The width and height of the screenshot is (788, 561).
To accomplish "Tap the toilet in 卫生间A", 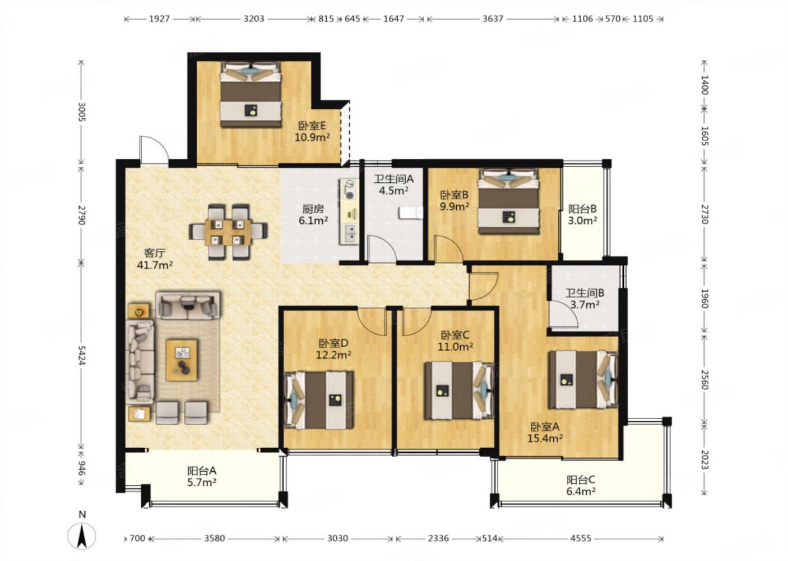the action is pyautogui.click(x=411, y=213).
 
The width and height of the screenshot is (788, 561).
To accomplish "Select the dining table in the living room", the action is pyautogui.click(x=228, y=232).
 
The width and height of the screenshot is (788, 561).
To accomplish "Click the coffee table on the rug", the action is pyautogui.click(x=182, y=360).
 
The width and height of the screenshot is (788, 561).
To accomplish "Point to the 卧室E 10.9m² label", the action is pyautogui.click(x=312, y=131).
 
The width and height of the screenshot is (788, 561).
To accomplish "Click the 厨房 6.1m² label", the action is pyautogui.click(x=313, y=215).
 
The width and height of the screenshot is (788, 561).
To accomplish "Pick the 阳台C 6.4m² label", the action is pyautogui.click(x=581, y=485).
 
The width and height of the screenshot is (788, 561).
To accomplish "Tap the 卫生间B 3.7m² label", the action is pyautogui.click(x=585, y=298).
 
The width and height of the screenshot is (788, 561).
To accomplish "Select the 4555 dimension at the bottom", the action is pyautogui.click(x=581, y=538).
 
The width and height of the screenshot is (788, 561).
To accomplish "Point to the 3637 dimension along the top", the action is pyautogui.click(x=493, y=19).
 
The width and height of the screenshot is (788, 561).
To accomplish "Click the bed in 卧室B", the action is pyautogui.click(x=508, y=201).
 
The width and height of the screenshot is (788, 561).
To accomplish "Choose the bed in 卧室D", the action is pyautogui.click(x=319, y=401).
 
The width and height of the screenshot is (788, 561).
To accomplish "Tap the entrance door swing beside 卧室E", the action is pyautogui.click(x=154, y=150).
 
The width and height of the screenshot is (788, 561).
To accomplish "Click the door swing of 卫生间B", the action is pyautogui.click(x=564, y=315).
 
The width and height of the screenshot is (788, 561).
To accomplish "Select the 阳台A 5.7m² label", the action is pyautogui.click(x=202, y=476).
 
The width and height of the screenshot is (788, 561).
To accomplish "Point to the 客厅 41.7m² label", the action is pyautogui.click(x=155, y=259).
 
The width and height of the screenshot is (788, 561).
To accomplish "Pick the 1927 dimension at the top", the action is pyautogui.click(x=159, y=19).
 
